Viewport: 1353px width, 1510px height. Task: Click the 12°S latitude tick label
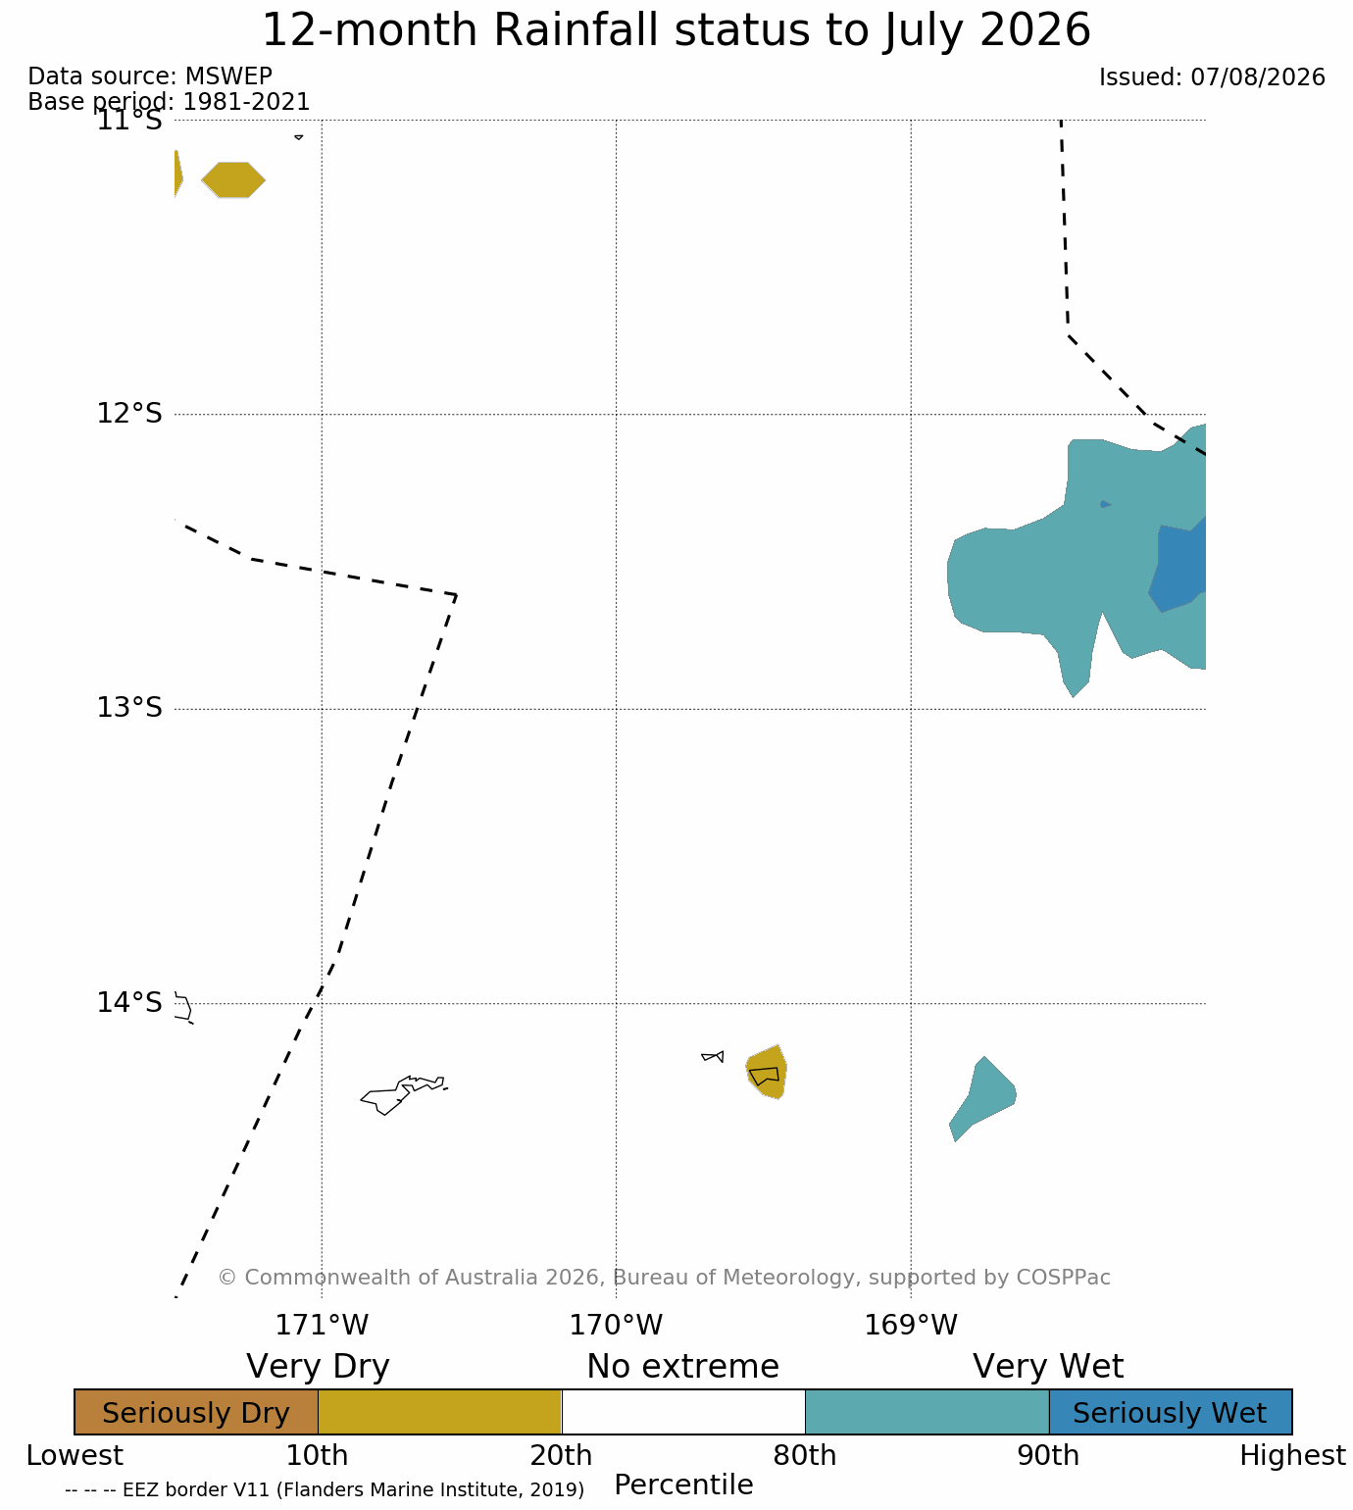129,413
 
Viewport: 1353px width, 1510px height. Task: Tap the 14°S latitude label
129,1002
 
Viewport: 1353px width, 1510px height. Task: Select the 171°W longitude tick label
322,1325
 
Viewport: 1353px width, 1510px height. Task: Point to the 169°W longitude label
910,1325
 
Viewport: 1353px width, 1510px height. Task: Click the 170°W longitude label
616,1325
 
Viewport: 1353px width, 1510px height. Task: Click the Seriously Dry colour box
196,1412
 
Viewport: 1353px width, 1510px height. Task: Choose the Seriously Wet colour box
1171,1412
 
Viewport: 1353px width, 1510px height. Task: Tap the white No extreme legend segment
682,1412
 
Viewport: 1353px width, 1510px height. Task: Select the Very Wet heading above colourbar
1047,1366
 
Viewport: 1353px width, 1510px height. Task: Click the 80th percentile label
804,1455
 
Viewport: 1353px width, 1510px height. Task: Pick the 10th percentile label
317,1455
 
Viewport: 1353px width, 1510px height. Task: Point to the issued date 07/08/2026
1258,77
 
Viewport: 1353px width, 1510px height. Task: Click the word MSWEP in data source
228,76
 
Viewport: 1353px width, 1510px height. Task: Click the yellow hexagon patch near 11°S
233,179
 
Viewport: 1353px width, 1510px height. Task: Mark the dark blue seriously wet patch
1178,564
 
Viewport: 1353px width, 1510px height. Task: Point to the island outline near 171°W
403,1093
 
